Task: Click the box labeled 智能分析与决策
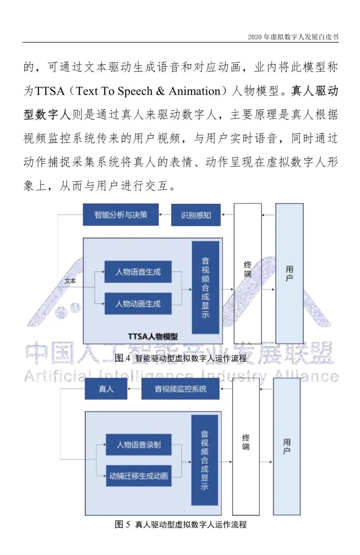pyautogui.click(x=120, y=215)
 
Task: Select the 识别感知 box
pyautogui.click(x=196, y=215)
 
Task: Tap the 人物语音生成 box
pyautogui.click(x=138, y=271)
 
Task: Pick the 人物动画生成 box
pyautogui.click(x=138, y=303)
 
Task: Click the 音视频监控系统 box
pyautogui.click(x=181, y=389)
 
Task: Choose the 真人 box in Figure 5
pyautogui.click(x=106, y=389)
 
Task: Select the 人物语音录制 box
pyautogui.click(x=139, y=444)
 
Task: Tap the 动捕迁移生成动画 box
pyautogui.click(x=139, y=476)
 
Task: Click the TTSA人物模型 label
pyautogui.click(x=153, y=336)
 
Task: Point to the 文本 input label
pyautogui.click(x=70, y=281)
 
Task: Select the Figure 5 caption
pyautogui.click(x=180, y=524)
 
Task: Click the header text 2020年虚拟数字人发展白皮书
pyautogui.click(x=293, y=37)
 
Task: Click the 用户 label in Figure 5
pyautogui.click(x=287, y=447)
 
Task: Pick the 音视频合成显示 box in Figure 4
pyautogui.click(x=206, y=287)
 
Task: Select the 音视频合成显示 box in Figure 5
pyautogui.click(x=205, y=460)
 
